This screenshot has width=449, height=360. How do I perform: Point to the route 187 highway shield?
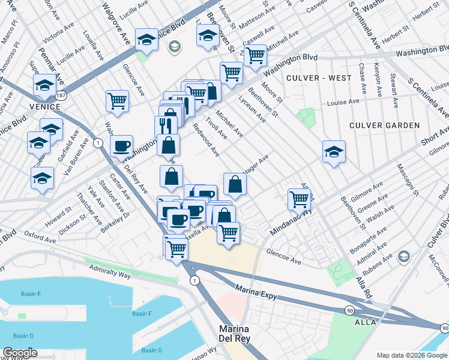tap(61, 95)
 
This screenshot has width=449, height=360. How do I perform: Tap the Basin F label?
tap(142, 314)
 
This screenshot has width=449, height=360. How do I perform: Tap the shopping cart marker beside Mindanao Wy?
tap(299, 199)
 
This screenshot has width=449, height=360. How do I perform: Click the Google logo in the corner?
tap(20, 353)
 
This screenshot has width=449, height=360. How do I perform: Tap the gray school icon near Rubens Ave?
tap(405, 257)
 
